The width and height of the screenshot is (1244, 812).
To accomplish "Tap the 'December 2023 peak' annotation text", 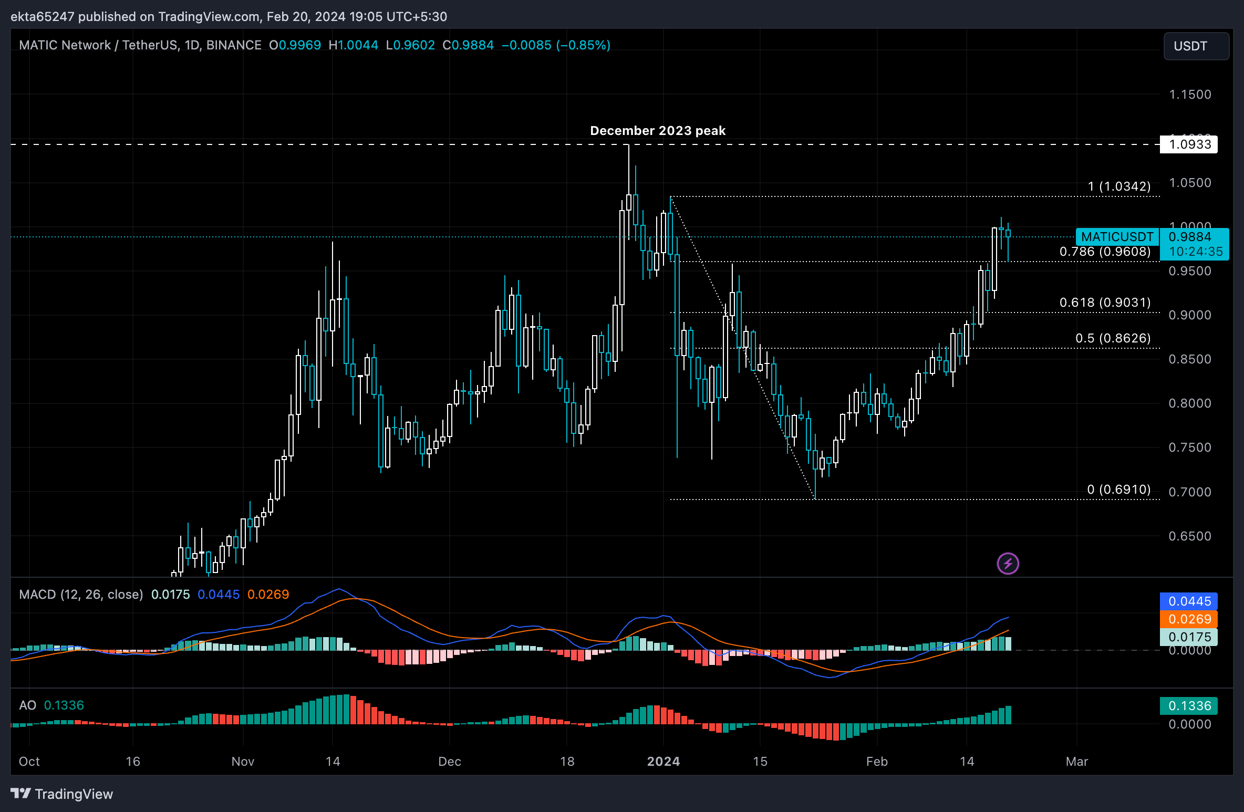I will pyautogui.click(x=657, y=131).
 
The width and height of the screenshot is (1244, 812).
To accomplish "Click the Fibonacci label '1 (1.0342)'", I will pyautogui.click(x=1119, y=186).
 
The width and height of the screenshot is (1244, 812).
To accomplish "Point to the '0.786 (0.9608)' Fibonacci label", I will pyautogui.click(x=1105, y=252).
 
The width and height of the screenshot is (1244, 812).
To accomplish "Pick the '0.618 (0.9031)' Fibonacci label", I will pyautogui.click(x=1105, y=303).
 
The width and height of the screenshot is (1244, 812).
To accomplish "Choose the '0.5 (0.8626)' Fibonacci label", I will pyautogui.click(x=1113, y=338).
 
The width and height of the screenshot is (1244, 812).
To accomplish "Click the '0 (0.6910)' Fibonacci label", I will pyautogui.click(x=1118, y=490).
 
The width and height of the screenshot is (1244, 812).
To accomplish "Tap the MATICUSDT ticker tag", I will pyautogui.click(x=1117, y=237).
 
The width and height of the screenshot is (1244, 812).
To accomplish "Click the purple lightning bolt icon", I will pyautogui.click(x=1008, y=564).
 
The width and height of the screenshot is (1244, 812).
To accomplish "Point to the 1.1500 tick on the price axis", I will pyautogui.click(x=1189, y=95).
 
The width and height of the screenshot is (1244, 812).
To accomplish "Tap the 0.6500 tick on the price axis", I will pyautogui.click(x=1189, y=536).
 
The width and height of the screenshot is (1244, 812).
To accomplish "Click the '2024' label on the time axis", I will pyautogui.click(x=663, y=762).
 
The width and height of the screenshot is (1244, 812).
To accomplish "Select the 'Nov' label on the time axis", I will pyautogui.click(x=243, y=762).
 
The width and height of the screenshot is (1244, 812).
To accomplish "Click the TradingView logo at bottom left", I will pyautogui.click(x=62, y=794).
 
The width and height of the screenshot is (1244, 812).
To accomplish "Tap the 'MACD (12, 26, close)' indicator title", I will pyautogui.click(x=81, y=595).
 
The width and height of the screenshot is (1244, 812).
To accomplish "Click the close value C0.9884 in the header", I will pyautogui.click(x=468, y=45).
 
